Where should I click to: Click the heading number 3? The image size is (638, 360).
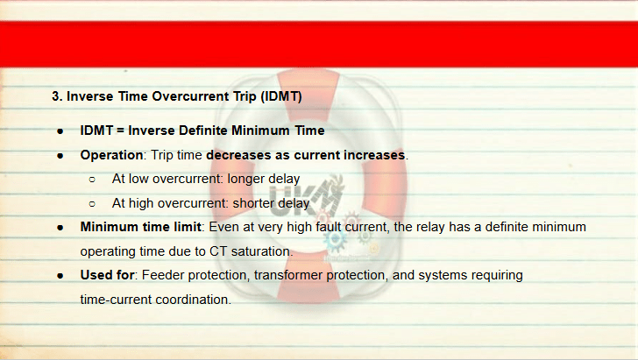pyautogui.click(x=57, y=96)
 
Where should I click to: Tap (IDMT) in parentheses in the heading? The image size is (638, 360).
pyautogui.click(x=280, y=96)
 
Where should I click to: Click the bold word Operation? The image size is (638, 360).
pyautogui.click(x=111, y=155)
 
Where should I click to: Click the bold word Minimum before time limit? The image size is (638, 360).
pyautogui.click(x=109, y=227)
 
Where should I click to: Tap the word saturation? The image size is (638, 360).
pyautogui.click(x=262, y=251)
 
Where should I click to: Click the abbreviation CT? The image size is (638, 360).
pyautogui.click(x=218, y=251)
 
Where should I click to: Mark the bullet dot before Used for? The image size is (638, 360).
pyautogui.click(x=60, y=276)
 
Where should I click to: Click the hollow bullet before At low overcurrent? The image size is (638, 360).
pyautogui.click(x=92, y=180)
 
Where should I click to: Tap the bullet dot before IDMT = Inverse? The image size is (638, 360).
pyautogui.click(x=60, y=131)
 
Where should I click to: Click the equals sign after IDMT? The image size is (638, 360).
pyautogui.click(x=120, y=131)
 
